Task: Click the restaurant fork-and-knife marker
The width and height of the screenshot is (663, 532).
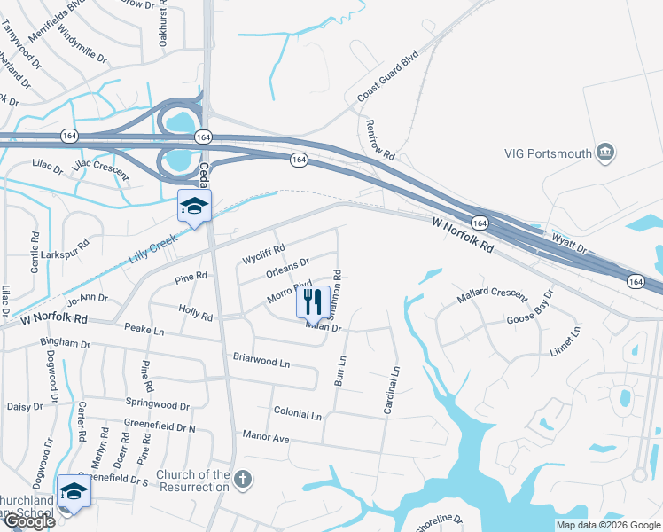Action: click(312, 301)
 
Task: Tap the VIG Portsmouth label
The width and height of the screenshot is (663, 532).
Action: click(548, 153)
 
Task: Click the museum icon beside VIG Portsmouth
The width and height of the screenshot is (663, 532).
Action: click(607, 153)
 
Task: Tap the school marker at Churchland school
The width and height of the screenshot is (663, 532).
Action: click(74, 492)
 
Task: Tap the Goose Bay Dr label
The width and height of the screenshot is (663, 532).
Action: click(529, 306)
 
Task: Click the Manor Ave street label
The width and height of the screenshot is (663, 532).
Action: click(266, 437)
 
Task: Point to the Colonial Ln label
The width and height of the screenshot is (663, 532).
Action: click(297, 414)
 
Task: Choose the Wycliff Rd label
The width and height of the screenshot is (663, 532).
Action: click(263, 254)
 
